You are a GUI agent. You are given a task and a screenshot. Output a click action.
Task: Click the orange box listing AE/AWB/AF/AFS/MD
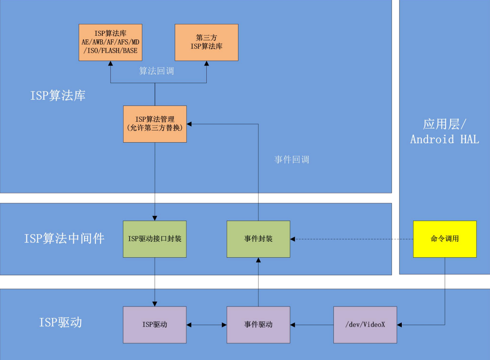110,42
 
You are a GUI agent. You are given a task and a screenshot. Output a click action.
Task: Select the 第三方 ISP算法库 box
206,42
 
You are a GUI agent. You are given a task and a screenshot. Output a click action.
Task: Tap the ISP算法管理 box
155,124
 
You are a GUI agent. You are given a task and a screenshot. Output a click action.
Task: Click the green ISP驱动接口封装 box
155,239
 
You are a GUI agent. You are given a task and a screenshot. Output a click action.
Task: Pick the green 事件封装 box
258,239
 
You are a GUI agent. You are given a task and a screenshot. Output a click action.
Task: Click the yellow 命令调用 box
444,239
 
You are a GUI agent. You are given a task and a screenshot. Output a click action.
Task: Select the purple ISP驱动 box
155,325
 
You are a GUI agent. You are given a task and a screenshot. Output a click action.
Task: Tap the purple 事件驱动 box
258,325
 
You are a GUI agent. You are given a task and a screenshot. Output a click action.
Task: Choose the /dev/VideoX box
365,325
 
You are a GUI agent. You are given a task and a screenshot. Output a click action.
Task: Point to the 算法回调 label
156,71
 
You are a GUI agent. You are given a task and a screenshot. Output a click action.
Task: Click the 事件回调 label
292,159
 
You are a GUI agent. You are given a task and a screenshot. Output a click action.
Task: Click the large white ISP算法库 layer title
58,96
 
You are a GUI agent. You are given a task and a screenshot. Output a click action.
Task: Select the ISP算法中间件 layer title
64,239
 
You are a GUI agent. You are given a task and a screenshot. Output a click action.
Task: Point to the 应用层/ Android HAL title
444,131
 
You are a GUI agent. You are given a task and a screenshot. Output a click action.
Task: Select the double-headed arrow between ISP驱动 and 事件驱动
206,325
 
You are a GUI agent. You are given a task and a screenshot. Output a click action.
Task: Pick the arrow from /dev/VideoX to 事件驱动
312,325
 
